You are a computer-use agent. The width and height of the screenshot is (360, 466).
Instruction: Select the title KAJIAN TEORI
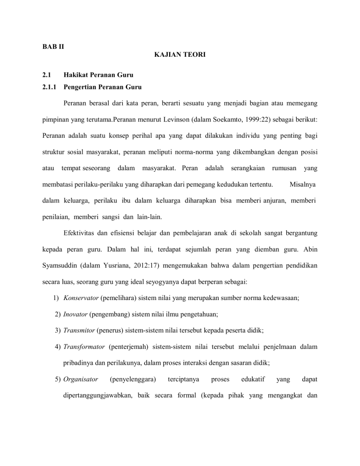pos(180,55)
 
